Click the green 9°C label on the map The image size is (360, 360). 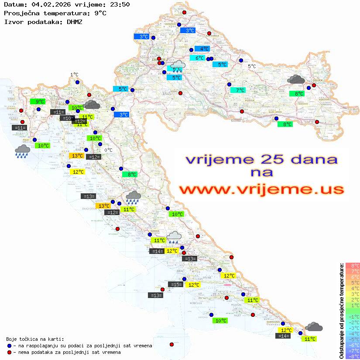(x=37, y=102)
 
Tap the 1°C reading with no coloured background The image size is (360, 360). (x=74, y=75)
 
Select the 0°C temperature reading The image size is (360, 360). (x=108, y=150)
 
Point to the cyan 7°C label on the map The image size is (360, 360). (x=238, y=90)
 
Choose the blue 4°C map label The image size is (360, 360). (x=202, y=49)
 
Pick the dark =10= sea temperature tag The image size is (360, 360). (x=67, y=118)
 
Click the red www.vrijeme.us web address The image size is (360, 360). (x=261, y=189)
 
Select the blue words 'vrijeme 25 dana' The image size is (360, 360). (x=261, y=159)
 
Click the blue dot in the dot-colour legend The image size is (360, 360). (x=10, y=346)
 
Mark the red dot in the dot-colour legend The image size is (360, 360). (x=10, y=352)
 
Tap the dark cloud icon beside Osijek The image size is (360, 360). (x=296, y=79)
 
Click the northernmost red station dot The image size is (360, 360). (x=184, y=13)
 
